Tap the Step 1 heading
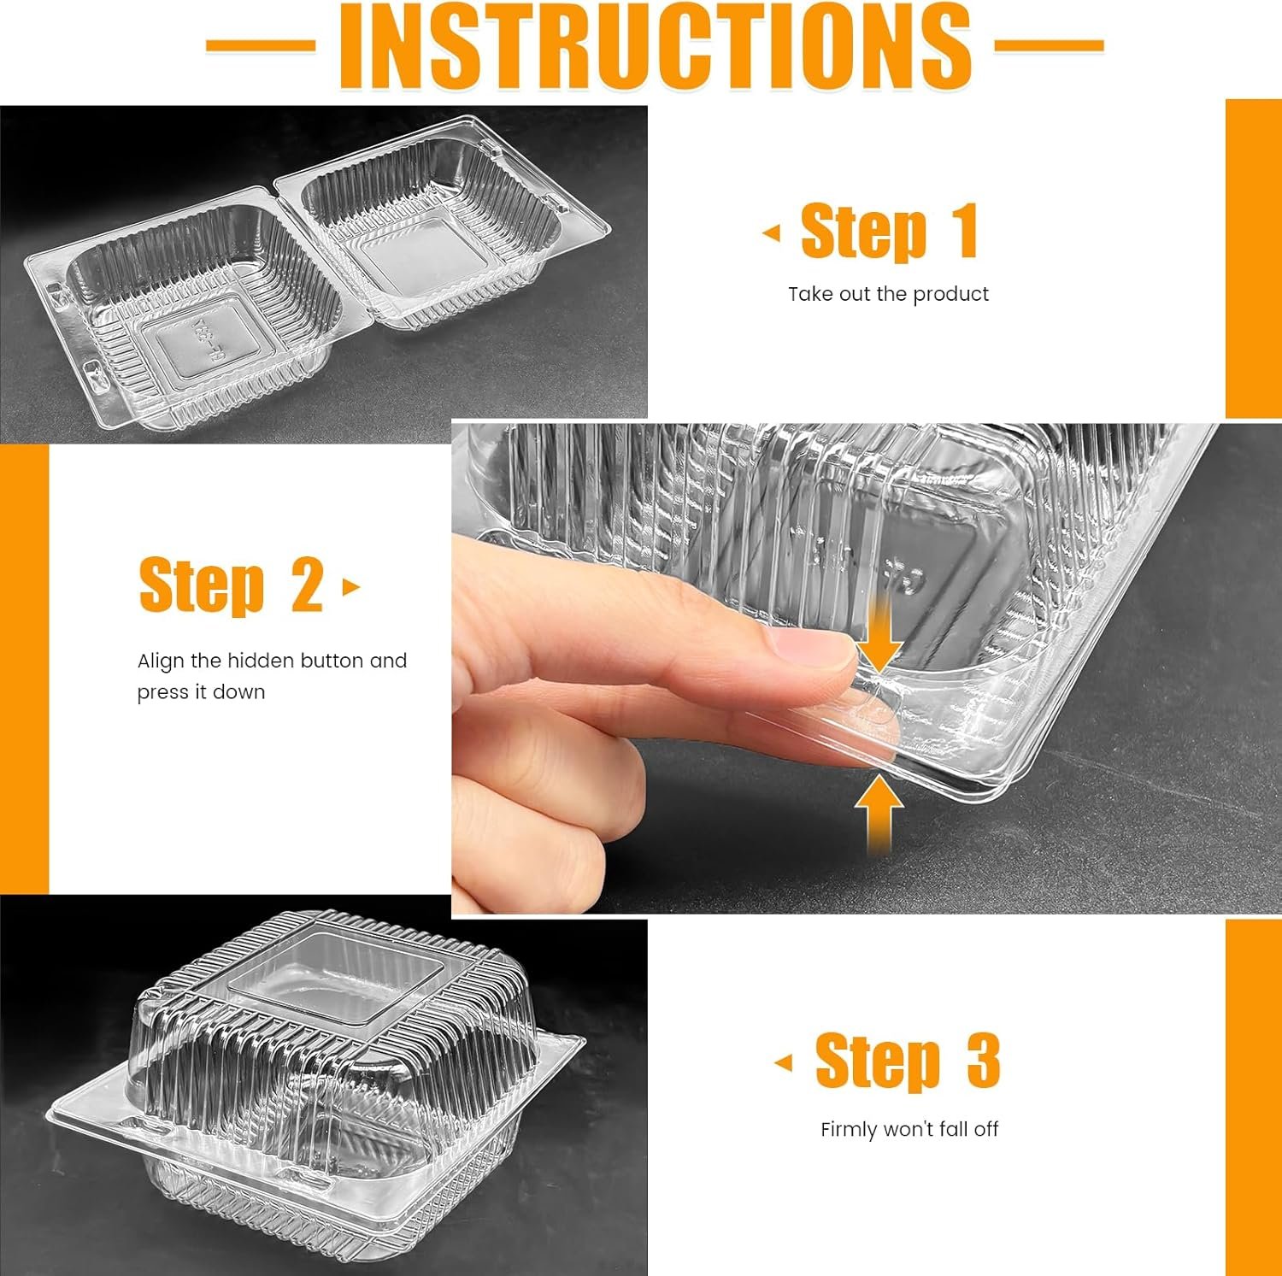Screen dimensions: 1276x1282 (889, 231)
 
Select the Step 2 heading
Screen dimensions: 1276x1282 (231, 585)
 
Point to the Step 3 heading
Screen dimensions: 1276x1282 (907, 1061)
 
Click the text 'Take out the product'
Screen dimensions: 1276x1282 (888, 294)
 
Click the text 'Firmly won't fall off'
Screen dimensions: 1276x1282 (909, 1129)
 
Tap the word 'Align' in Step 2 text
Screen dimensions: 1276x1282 (161, 661)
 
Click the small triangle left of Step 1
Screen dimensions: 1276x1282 (772, 232)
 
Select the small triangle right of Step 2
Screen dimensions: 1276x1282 (350, 587)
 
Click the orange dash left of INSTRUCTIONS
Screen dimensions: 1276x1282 (261, 44)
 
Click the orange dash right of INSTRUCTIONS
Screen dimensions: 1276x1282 (1050, 44)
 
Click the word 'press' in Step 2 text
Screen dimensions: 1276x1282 (162, 692)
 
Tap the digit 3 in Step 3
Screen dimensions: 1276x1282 (983, 1061)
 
